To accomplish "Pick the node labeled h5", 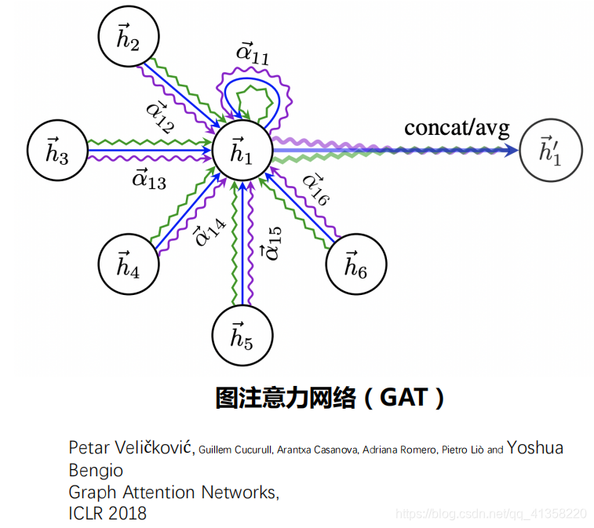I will pyautogui.click(x=242, y=337).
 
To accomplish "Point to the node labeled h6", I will pyautogui.click(x=355, y=267).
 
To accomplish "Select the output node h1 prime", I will pyautogui.click(x=549, y=152).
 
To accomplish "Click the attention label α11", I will pyautogui.click(x=253, y=54).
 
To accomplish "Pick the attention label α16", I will pyautogui.click(x=315, y=190).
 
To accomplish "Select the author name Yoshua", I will pyautogui.click(x=535, y=448).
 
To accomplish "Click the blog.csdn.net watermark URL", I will pyautogui.click(x=491, y=514).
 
